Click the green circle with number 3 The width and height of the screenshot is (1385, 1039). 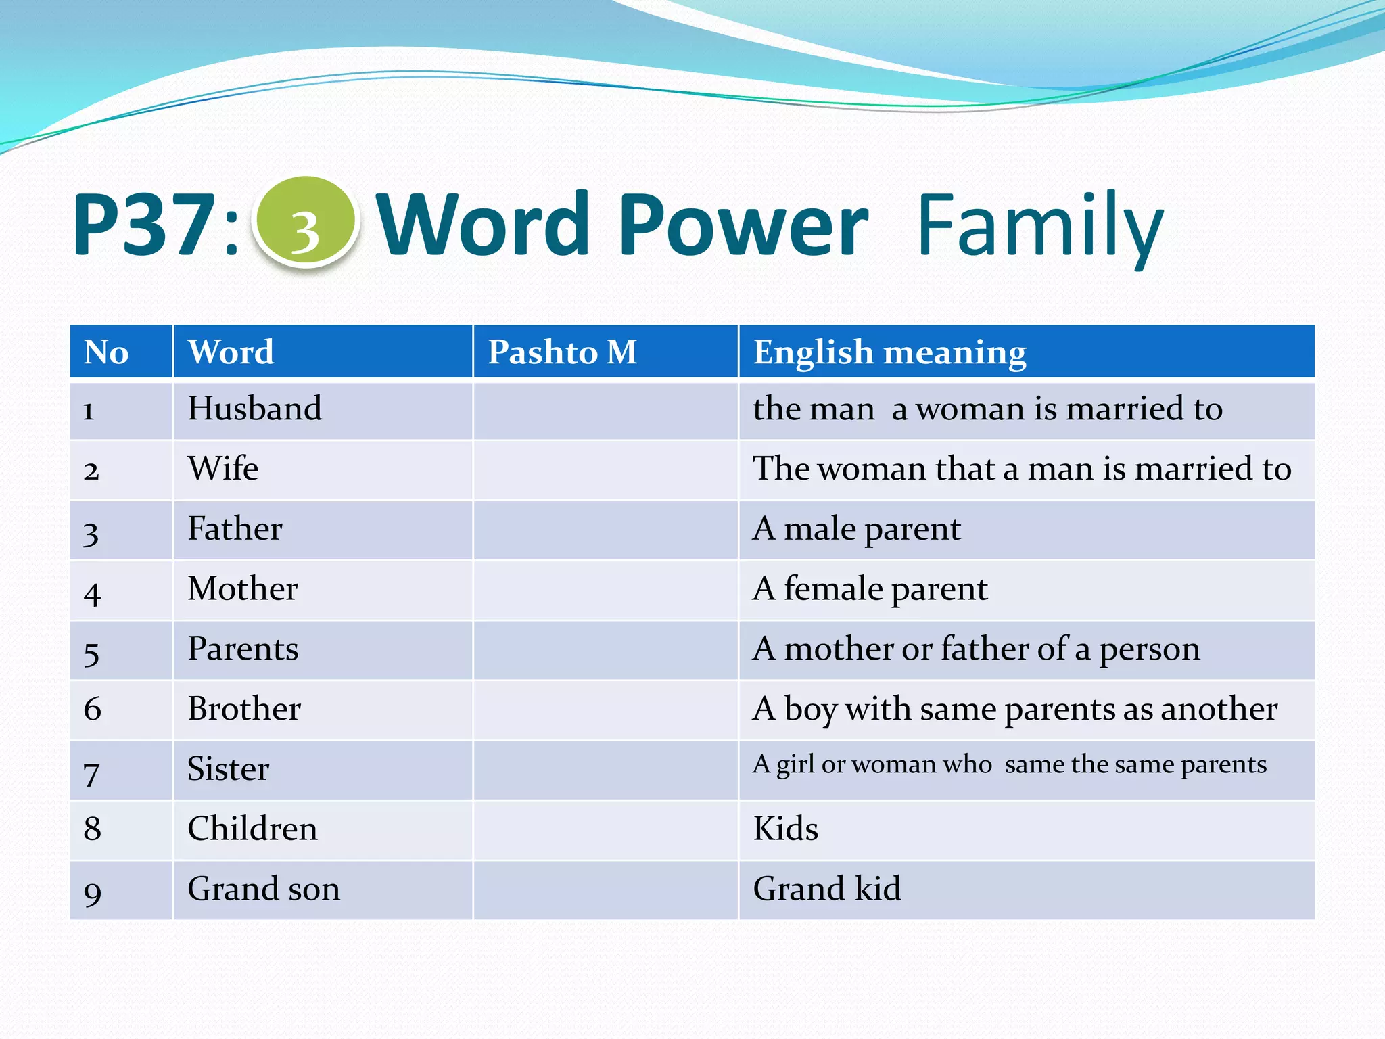coord(305,222)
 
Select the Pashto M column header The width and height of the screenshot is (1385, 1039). coord(562,352)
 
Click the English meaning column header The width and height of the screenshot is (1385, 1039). coord(889,352)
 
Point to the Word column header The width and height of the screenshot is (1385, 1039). coord(231,352)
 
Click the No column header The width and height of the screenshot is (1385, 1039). coord(106,352)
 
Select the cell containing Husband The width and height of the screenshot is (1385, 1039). coord(254,409)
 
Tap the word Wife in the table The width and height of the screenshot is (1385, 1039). coord(223,468)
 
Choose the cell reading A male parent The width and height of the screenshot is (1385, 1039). coord(856,528)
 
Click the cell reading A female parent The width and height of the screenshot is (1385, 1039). coord(870,588)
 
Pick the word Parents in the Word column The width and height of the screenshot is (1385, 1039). coord(243,649)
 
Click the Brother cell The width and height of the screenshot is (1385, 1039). coord(244,709)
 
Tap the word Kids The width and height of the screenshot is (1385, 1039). coord(785,829)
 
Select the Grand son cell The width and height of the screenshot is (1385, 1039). coord(264,889)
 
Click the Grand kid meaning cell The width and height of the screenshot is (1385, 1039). coord(826,889)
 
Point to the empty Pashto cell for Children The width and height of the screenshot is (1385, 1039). coord(605,830)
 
